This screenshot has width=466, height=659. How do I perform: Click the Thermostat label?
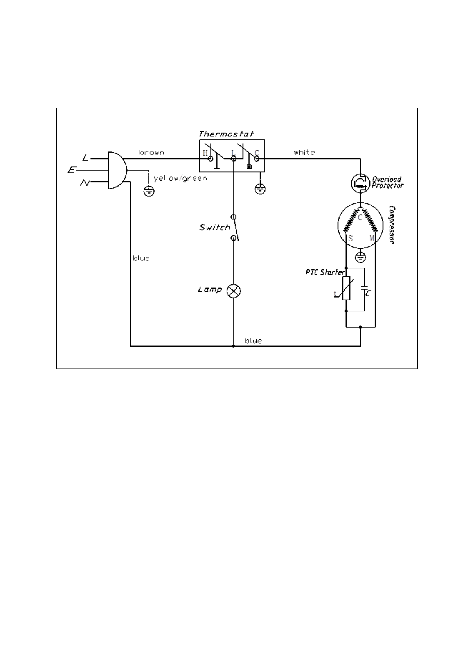click(226, 134)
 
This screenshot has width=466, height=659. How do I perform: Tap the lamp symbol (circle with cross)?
click(234, 291)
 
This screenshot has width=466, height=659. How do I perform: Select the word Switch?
click(214, 227)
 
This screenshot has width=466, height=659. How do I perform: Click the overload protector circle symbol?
click(360, 183)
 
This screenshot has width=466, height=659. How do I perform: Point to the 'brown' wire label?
click(151, 153)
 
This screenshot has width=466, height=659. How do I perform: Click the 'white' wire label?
click(304, 153)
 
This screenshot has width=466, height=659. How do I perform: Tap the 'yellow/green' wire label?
click(180, 178)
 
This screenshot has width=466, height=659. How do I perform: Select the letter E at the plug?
click(72, 170)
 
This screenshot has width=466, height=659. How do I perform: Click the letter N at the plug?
click(85, 183)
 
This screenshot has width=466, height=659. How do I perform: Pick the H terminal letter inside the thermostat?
click(205, 153)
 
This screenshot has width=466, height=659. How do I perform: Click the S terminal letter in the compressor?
click(350, 238)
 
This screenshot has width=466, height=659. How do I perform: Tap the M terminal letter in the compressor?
click(372, 238)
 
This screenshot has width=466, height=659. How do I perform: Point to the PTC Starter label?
click(325, 272)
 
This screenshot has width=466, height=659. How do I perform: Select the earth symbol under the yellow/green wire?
click(149, 191)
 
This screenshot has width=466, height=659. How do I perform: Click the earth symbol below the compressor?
click(360, 257)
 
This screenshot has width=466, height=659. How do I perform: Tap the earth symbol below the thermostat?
click(260, 189)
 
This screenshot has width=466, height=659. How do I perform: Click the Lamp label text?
click(210, 290)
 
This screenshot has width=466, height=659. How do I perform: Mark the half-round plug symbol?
click(117, 170)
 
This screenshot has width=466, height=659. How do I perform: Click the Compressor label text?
click(392, 225)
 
